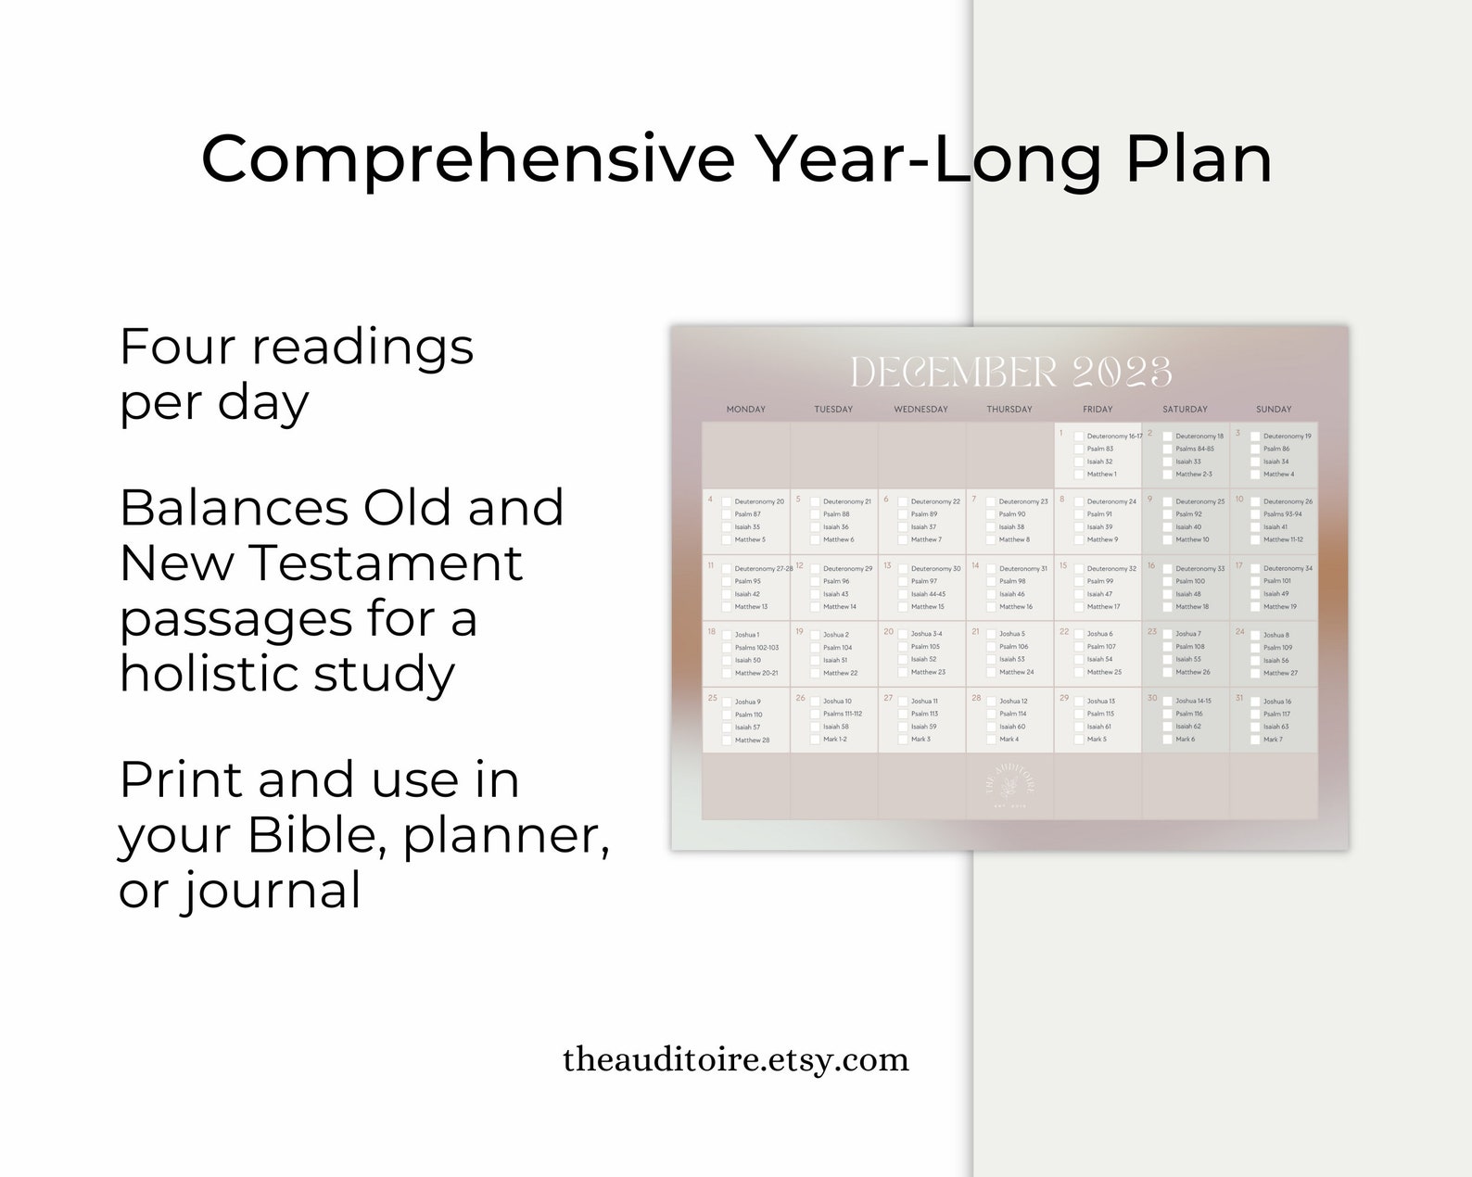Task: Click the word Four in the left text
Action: point(176,348)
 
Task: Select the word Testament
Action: point(387,563)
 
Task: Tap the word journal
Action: point(269,892)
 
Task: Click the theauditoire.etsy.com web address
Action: point(736,1059)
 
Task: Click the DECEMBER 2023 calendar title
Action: point(1010,373)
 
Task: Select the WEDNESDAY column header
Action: point(920,410)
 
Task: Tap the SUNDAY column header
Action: point(1273,410)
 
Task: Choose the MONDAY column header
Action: point(746,410)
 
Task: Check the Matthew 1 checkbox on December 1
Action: point(1079,475)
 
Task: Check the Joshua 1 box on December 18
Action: point(727,635)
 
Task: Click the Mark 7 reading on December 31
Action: point(1273,740)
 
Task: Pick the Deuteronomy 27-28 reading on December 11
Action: point(763,569)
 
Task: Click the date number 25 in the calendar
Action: point(712,698)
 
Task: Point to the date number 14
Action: point(975,565)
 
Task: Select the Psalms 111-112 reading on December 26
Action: point(842,715)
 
